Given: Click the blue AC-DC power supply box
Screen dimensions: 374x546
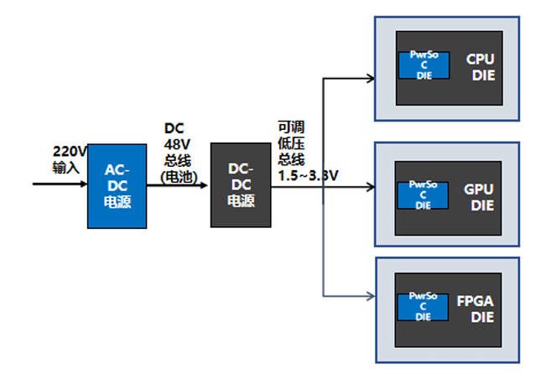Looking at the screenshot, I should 116,186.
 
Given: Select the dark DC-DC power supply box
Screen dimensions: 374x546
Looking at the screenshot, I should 241,185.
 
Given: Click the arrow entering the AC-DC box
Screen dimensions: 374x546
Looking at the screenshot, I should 59,181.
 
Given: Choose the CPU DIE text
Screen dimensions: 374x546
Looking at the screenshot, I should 481,67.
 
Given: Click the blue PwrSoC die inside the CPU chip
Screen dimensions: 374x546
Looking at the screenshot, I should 424,65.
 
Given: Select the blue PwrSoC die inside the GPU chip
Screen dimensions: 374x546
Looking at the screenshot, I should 424,194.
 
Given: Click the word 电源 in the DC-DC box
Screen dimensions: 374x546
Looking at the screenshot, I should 241,203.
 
